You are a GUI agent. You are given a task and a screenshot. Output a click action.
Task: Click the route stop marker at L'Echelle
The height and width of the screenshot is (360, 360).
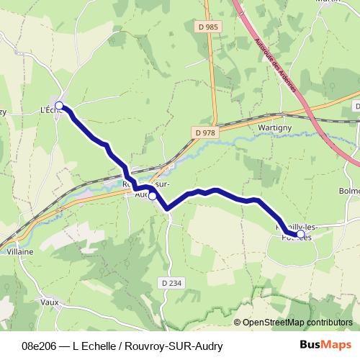[x=59, y=107]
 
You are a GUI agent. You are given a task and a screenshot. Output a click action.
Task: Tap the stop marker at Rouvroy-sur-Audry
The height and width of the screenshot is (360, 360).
[x=152, y=195]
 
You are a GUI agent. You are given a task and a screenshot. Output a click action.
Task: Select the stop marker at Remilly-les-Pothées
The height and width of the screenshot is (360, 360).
[x=300, y=233]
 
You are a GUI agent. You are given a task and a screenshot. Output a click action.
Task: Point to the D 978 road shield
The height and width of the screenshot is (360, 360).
[x=204, y=132]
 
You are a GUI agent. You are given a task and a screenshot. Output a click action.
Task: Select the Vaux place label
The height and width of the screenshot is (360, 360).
[x=50, y=302]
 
